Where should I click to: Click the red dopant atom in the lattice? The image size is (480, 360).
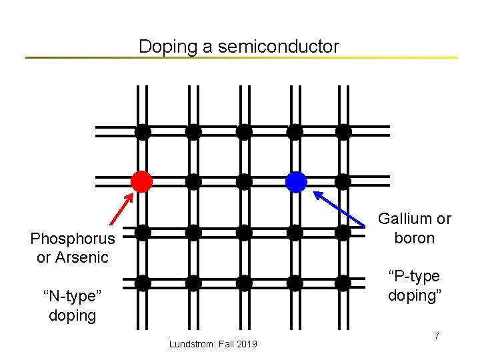(x=141, y=181)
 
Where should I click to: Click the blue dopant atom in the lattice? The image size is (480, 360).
(x=295, y=181)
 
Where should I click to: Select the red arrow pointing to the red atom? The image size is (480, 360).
(x=120, y=209)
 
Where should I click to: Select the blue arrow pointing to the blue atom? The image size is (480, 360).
(x=340, y=210)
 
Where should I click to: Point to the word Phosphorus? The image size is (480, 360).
(x=73, y=239)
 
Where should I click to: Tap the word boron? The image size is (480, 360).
(x=414, y=238)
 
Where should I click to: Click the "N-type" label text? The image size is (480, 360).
(x=72, y=296)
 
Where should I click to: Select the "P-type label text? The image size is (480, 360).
(x=414, y=276)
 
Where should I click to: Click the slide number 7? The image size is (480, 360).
(x=437, y=336)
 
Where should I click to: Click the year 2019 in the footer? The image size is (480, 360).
(x=247, y=344)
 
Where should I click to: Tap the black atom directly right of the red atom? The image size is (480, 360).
(x=193, y=181)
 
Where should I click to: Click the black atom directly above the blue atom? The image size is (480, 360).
(x=295, y=131)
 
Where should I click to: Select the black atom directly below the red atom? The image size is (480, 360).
(x=142, y=232)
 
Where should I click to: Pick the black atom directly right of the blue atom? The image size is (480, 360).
(x=343, y=181)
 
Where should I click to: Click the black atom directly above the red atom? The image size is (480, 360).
(x=142, y=131)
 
